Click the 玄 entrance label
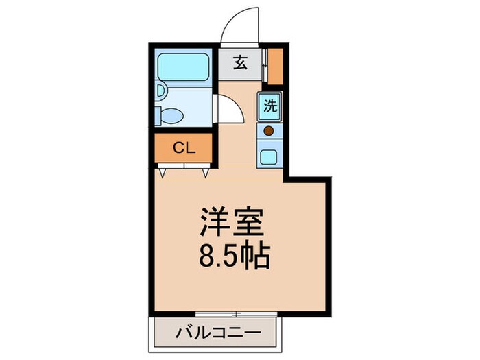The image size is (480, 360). (241, 64)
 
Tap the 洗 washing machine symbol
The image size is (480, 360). (269, 107)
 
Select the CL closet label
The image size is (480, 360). (183, 147)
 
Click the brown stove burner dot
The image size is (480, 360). (269, 130)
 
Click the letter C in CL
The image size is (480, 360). (177, 147)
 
